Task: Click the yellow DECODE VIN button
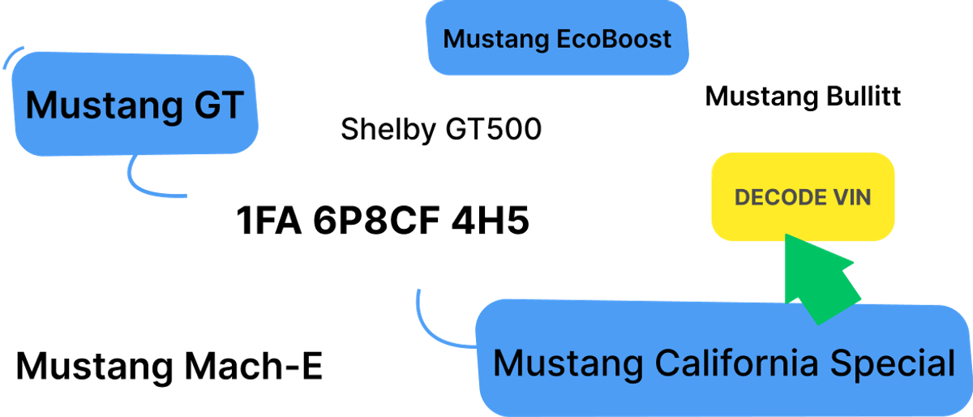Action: click(x=802, y=197)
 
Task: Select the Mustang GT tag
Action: click(x=135, y=105)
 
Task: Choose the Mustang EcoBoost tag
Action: click(x=557, y=39)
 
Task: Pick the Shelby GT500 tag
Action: click(x=441, y=129)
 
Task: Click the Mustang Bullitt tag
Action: click(x=803, y=97)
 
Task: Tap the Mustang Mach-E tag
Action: click(x=169, y=365)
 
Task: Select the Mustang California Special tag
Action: click(x=723, y=363)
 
